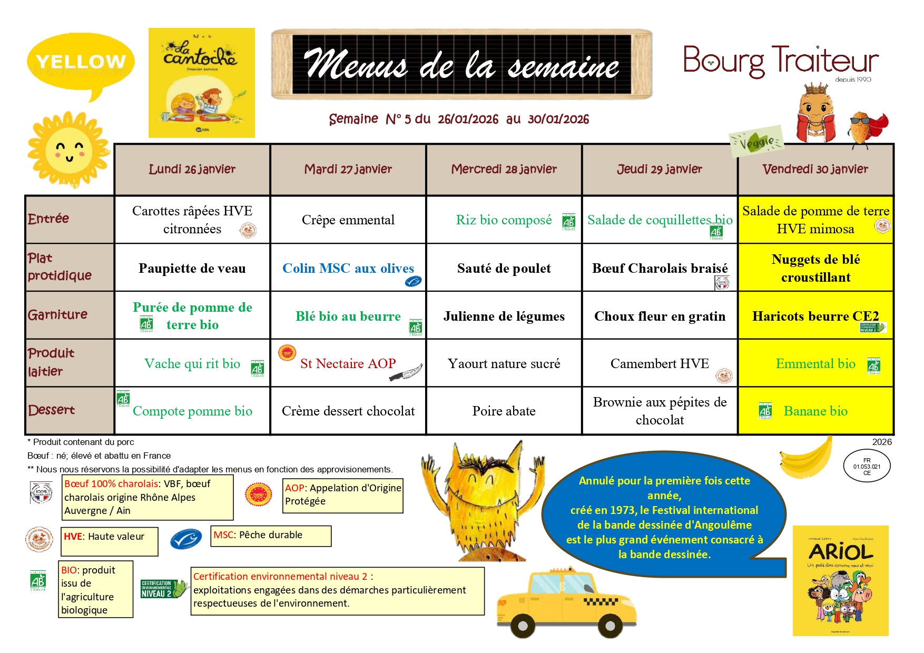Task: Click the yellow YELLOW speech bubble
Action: click(x=80, y=63)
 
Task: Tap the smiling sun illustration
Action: click(x=68, y=150)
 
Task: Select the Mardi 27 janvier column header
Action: click(x=348, y=169)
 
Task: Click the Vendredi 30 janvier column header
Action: click(x=815, y=169)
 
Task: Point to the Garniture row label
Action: click(x=58, y=315)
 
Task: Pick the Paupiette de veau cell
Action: click(x=192, y=268)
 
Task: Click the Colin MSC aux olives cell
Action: click(x=348, y=268)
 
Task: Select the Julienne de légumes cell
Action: click(x=504, y=316)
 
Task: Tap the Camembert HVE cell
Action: click(x=660, y=363)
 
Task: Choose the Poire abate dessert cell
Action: click(x=504, y=411)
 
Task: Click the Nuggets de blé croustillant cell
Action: click(x=815, y=268)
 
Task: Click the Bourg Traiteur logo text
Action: click(x=780, y=62)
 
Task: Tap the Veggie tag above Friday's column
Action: click(x=757, y=141)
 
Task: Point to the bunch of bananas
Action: click(x=805, y=458)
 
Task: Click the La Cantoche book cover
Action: click(x=202, y=83)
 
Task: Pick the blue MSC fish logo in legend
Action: click(x=186, y=539)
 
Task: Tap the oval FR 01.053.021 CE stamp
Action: click(x=867, y=467)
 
